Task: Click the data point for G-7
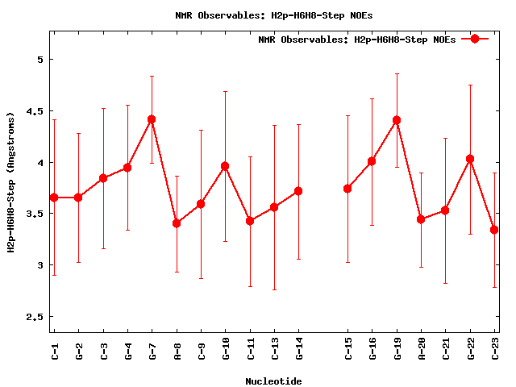pyautogui.click(x=152, y=119)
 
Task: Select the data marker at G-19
pyautogui.click(x=397, y=120)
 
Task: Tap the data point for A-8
pyautogui.click(x=177, y=223)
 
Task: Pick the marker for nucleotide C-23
pyautogui.click(x=494, y=230)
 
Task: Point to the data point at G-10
pyautogui.click(x=225, y=166)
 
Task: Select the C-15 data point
pyautogui.click(x=347, y=189)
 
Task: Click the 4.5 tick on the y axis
pyautogui.click(x=34, y=111)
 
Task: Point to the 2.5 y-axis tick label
pyautogui.click(x=34, y=317)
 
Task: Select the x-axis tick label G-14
pyautogui.click(x=299, y=351)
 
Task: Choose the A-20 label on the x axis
pyautogui.click(x=421, y=351)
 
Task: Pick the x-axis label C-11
pyautogui.click(x=250, y=351)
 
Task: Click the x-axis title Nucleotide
pyautogui.click(x=274, y=381)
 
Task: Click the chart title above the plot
pyautogui.click(x=274, y=15)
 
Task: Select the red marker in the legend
pyautogui.click(x=475, y=39)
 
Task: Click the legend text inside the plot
pyautogui.click(x=357, y=40)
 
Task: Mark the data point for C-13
pyautogui.click(x=274, y=207)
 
